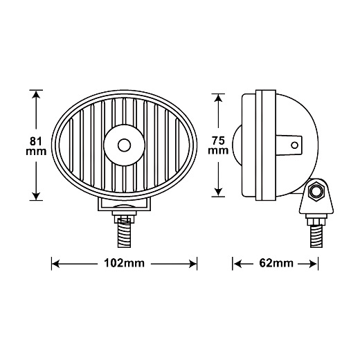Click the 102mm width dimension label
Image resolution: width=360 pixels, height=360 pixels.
pyautogui.click(x=124, y=263)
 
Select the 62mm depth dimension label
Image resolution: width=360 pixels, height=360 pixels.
pyautogui.click(x=276, y=263)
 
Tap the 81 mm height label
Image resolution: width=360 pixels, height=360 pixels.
pyautogui.click(x=36, y=146)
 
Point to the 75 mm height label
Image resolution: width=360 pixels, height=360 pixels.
pyautogui.click(x=218, y=145)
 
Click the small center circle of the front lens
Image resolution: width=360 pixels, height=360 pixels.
pyautogui.click(x=124, y=145)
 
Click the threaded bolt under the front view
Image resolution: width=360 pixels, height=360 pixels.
pyautogui.click(x=125, y=233)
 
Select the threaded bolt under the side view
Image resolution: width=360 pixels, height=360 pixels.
pyautogui.click(x=316, y=237)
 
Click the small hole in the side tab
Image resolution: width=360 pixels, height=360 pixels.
pyautogui.click(x=294, y=145)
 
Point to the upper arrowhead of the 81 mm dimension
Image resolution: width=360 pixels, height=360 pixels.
pyautogui.click(x=36, y=94)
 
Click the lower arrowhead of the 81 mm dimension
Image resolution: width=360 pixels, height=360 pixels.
pyautogui.click(x=36, y=196)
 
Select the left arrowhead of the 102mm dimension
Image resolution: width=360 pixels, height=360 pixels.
pyautogui.click(x=56, y=264)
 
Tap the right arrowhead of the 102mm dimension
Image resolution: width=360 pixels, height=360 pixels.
pyautogui.click(x=192, y=264)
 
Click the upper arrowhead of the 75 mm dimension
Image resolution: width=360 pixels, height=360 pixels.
pyautogui.click(x=218, y=98)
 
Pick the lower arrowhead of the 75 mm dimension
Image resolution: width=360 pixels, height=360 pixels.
pyautogui.click(x=218, y=192)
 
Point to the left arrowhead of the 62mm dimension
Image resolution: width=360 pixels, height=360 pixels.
pyautogui.click(x=237, y=264)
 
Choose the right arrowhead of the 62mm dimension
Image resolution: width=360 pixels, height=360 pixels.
pyautogui.click(x=313, y=264)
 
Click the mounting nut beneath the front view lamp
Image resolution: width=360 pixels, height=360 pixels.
pyautogui.click(x=124, y=216)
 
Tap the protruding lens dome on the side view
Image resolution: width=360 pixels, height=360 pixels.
pyautogui.click(x=237, y=145)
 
